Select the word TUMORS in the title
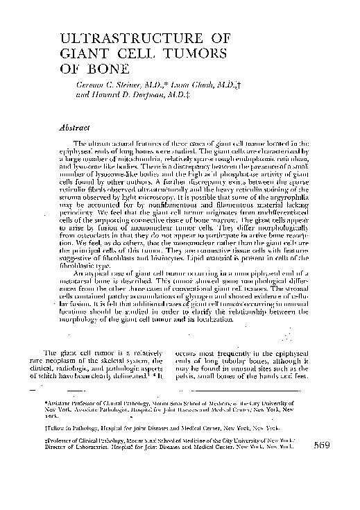(x=194, y=53)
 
